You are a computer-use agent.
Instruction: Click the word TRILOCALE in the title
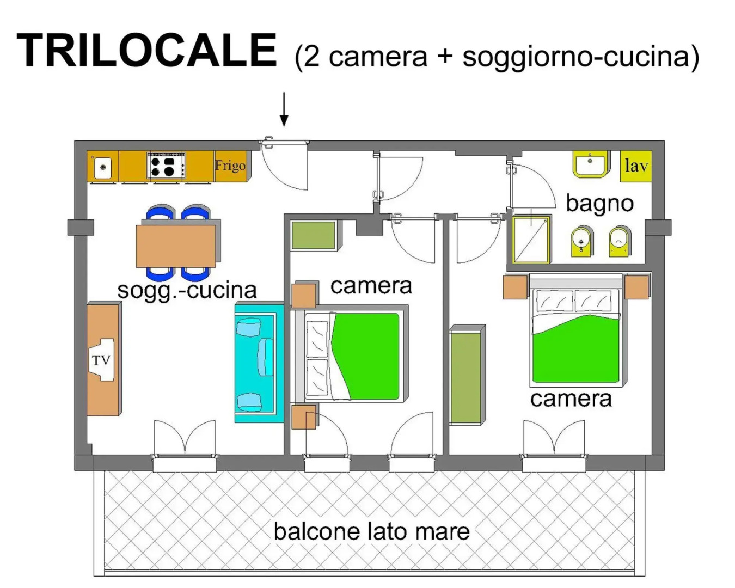click(x=147, y=50)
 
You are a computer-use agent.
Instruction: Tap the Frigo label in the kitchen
click(x=230, y=166)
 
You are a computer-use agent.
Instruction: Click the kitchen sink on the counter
click(x=103, y=167)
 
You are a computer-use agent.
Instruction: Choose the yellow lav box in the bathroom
click(x=636, y=166)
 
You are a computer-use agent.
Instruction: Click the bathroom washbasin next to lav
click(x=590, y=164)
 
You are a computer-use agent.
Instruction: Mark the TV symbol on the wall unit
click(x=102, y=360)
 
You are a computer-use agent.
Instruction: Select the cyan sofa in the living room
click(x=259, y=363)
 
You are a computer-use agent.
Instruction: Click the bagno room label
click(x=599, y=203)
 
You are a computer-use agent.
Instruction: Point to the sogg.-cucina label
click(x=187, y=290)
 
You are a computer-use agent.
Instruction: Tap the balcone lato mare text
click(x=371, y=531)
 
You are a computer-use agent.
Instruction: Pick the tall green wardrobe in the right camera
click(x=466, y=376)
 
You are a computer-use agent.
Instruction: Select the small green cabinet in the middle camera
click(x=313, y=235)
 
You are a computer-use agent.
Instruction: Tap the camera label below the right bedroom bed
click(x=571, y=399)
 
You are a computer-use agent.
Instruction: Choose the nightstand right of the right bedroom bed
click(x=636, y=287)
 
